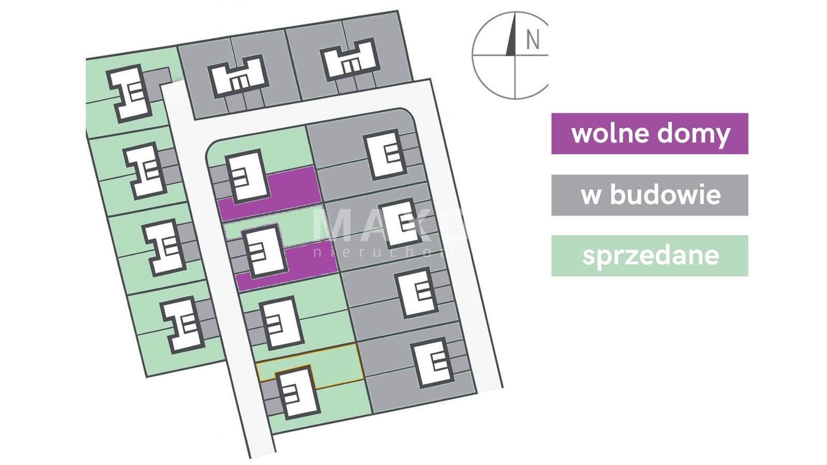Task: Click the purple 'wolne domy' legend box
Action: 649,133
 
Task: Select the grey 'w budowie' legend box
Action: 649,195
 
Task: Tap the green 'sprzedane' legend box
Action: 649,256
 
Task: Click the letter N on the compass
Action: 532,40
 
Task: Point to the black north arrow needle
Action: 512,36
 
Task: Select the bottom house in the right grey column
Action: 435,362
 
